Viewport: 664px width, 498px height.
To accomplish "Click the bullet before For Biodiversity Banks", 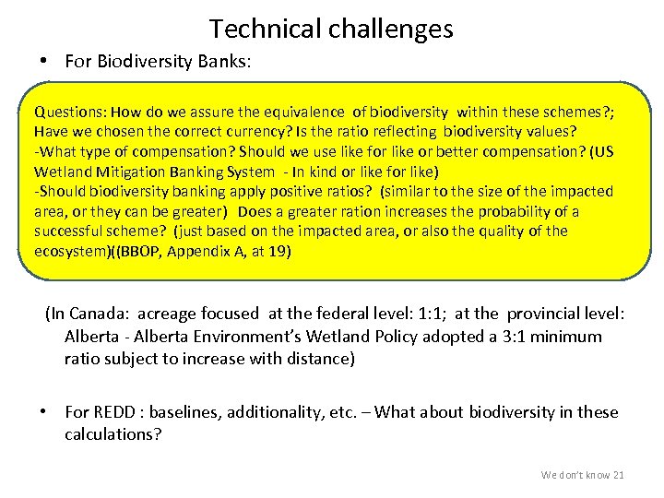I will point(43,62).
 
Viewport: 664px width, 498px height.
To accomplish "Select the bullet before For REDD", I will point(43,412).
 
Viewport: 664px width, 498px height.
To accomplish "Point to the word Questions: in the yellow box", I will point(69,112).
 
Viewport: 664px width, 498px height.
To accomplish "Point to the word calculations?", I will point(113,433).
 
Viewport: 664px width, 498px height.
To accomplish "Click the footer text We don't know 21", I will point(582,475).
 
